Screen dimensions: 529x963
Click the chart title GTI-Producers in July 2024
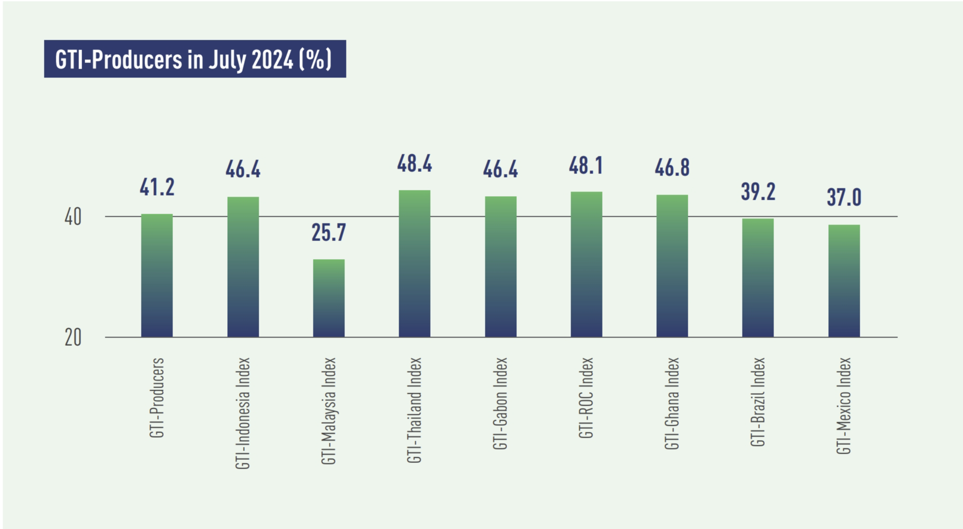coord(194,59)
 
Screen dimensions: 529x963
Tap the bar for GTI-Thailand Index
coord(414,264)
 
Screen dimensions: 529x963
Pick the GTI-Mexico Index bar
coord(844,281)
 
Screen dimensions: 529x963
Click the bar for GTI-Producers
coord(157,276)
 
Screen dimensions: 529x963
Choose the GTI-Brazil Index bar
coord(757,278)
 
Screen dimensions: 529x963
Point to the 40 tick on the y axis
coord(73,217)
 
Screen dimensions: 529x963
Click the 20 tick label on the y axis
coord(73,338)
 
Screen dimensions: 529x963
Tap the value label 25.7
coord(328,233)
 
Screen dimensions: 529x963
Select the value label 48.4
coord(414,164)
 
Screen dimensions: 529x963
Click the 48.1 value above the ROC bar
coord(586,166)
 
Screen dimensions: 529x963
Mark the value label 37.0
coord(844,198)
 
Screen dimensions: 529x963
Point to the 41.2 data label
coord(157,187)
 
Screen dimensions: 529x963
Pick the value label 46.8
coord(672,168)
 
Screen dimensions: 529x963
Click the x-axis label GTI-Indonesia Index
coord(243,413)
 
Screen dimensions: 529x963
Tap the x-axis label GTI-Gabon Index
coord(500,404)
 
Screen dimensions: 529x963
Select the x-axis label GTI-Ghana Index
coord(671,404)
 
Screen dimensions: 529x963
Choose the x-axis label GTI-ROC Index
coord(586,398)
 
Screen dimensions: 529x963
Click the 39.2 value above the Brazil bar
coord(757,192)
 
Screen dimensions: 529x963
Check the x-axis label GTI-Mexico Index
coord(843,406)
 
